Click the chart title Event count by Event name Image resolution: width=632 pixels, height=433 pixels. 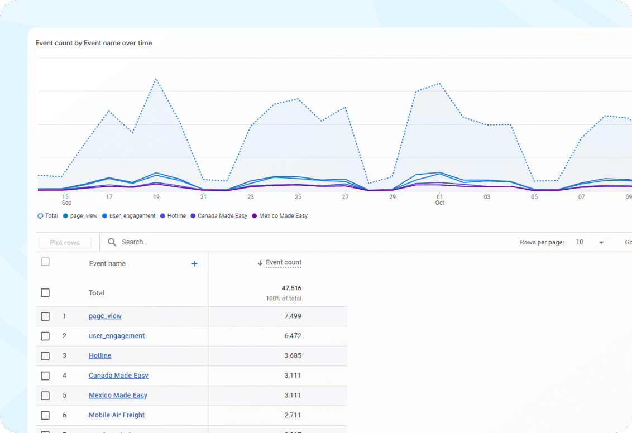pyautogui.click(x=94, y=43)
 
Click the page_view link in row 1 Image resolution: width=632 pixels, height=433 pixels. pyautogui.click(x=105, y=316)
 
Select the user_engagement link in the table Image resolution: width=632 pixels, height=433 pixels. pyautogui.click(x=117, y=336)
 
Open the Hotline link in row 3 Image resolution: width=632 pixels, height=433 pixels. pyautogui.click(x=100, y=355)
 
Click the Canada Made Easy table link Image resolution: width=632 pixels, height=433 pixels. pyautogui.click(x=118, y=376)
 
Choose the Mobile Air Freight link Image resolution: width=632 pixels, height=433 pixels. pyautogui.click(x=117, y=415)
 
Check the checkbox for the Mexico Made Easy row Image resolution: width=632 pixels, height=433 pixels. pyautogui.click(x=45, y=396)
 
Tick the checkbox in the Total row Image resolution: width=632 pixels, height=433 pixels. pyautogui.click(x=45, y=293)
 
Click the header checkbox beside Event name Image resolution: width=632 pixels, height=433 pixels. pyautogui.click(x=45, y=262)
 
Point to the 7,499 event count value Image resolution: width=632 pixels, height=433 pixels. pyautogui.click(x=292, y=316)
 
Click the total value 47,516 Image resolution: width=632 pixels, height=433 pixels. pyautogui.click(x=291, y=288)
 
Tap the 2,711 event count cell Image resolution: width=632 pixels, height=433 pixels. pyautogui.click(x=292, y=415)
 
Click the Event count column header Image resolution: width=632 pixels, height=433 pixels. pyautogui.click(x=283, y=262)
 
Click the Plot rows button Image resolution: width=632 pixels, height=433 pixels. pyautogui.click(x=65, y=243)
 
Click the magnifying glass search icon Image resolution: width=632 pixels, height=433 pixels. pyautogui.click(x=112, y=242)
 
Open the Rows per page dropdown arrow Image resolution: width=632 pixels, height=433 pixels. pyautogui.click(x=601, y=243)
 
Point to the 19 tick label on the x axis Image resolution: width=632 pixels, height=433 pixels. pyautogui.click(x=156, y=197)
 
